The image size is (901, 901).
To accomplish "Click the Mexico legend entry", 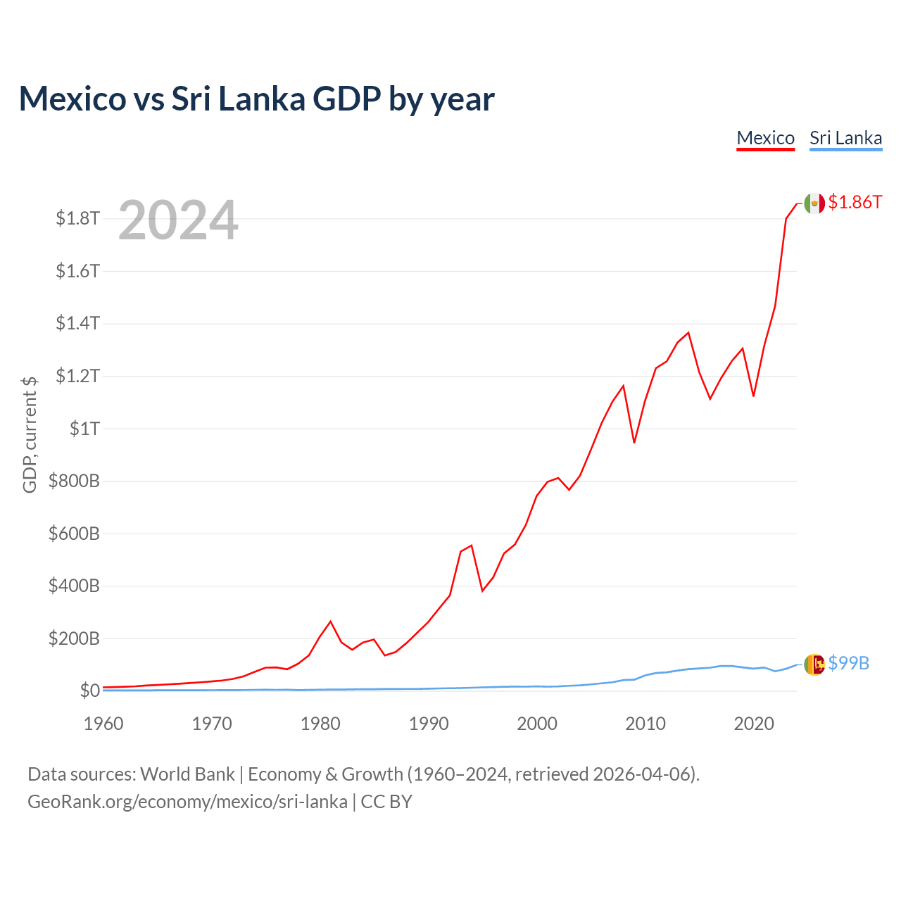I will pyautogui.click(x=765, y=138).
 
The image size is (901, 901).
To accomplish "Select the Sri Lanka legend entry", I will pyautogui.click(x=845, y=138).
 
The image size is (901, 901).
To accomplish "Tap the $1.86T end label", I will pyautogui.click(x=855, y=202).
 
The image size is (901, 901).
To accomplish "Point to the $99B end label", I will pyautogui.click(x=848, y=663).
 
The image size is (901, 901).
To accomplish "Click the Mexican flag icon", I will pyautogui.click(x=814, y=203).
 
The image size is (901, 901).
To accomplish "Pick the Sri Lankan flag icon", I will pyautogui.click(x=814, y=664).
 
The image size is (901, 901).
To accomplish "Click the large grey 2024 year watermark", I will pyautogui.click(x=178, y=221).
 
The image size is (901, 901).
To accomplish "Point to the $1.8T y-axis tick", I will pyautogui.click(x=77, y=218).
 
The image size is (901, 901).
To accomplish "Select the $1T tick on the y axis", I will pyautogui.click(x=84, y=429).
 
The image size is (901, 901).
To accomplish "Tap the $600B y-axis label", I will pyautogui.click(x=74, y=534).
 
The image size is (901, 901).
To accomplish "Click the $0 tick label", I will pyautogui.click(x=89, y=691).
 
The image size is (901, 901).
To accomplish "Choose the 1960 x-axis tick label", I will pyautogui.click(x=103, y=724).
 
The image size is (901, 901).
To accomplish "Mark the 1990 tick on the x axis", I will pyautogui.click(x=429, y=724).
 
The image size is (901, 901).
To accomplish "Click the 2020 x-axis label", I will pyautogui.click(x=754, y=724).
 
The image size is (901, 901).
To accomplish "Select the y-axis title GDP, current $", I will pyautogui.click(x=30, y=434).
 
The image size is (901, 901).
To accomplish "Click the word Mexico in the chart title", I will pyautogui.click(x=73, y=99).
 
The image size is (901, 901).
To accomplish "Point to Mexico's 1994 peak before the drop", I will pyautogui.click(x=472, y=545).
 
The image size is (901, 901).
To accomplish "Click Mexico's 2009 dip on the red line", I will pyautogui.click(x=634, y=443).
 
